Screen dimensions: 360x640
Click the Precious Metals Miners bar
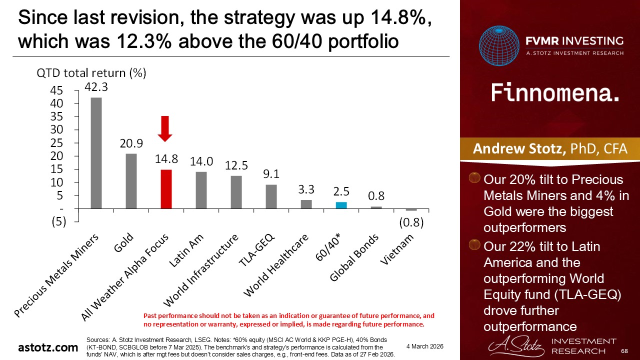[96, 152]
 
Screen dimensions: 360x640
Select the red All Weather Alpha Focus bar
[166, 189]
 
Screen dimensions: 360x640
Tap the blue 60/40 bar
[341, 205]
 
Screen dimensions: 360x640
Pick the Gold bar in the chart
[131, 181]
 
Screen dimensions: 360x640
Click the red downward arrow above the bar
[165, 128]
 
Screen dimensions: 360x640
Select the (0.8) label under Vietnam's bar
[410, 223]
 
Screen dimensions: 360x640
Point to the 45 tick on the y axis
[56, 90]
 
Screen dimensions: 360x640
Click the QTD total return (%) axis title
[91, 73]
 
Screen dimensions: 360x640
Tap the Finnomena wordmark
[555, 93]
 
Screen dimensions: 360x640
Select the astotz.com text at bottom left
[48, 347]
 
